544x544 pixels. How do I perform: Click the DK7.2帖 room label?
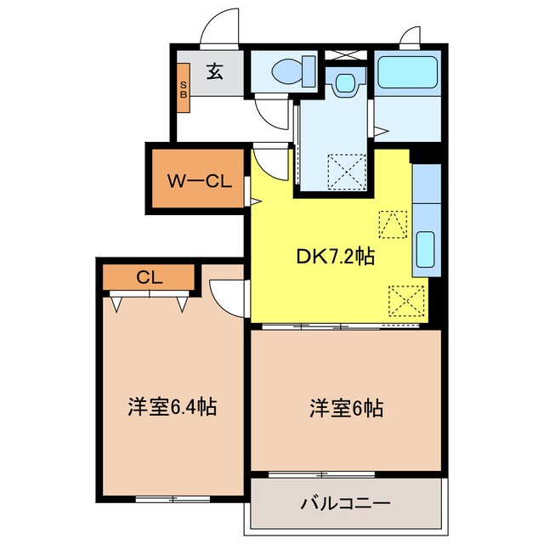(334, 255)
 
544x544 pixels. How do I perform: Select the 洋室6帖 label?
(345, 408)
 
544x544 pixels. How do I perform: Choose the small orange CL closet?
(150, 276)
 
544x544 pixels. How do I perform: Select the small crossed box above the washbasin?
(345, 55)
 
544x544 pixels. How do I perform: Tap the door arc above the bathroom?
(411, 36)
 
